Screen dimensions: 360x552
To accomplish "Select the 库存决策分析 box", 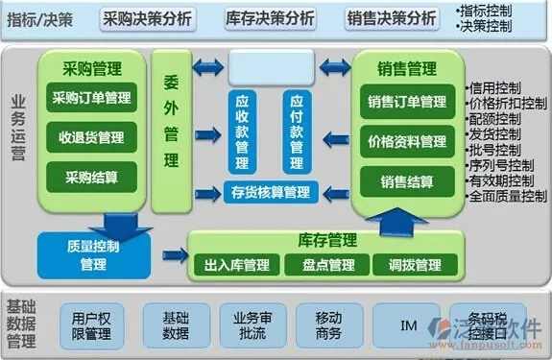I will [x=270, y=17].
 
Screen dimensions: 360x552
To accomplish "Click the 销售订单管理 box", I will [x=406, y=102].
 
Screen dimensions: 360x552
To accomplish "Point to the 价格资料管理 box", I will [x=406, y=141].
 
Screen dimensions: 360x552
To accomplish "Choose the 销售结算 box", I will [x=406, y=181].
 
